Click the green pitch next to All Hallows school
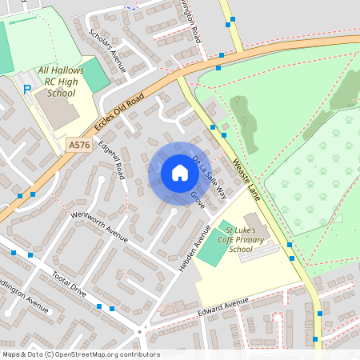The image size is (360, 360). [94, 74]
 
